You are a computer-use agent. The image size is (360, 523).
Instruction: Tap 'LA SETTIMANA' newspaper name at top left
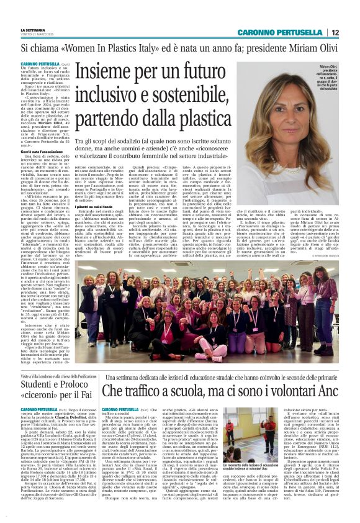pyautogui.click(x=33, y=29)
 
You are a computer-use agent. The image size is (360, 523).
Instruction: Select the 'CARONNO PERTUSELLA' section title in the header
pyautogui.click(x=288, y=32)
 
